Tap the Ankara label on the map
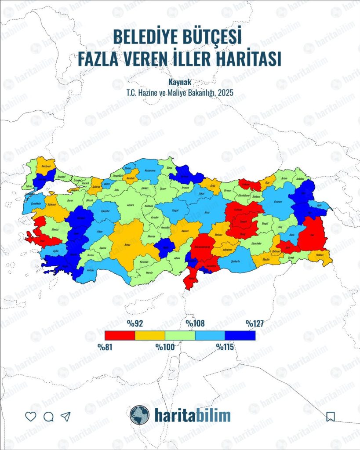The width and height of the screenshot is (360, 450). coord(131,205)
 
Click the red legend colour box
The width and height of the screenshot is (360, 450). coord(120,335)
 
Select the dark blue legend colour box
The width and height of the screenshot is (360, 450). coord(240,335)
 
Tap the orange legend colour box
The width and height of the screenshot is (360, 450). coord(150,335)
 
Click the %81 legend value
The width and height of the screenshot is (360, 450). coord(105,346)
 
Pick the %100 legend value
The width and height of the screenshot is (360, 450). coord(165,346)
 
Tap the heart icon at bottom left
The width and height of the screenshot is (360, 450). coord(30,416)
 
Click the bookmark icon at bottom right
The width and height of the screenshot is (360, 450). coord(331,416)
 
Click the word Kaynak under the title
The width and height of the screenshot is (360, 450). coord(180,82)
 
